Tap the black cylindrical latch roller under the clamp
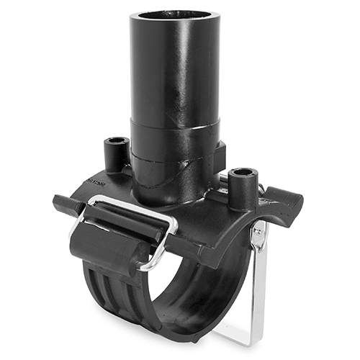pyautogui.click(x=108, y=245)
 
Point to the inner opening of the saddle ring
pyautogui.click(x=209, y=288)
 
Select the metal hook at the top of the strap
pyautogui.click(x=258, y=229)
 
